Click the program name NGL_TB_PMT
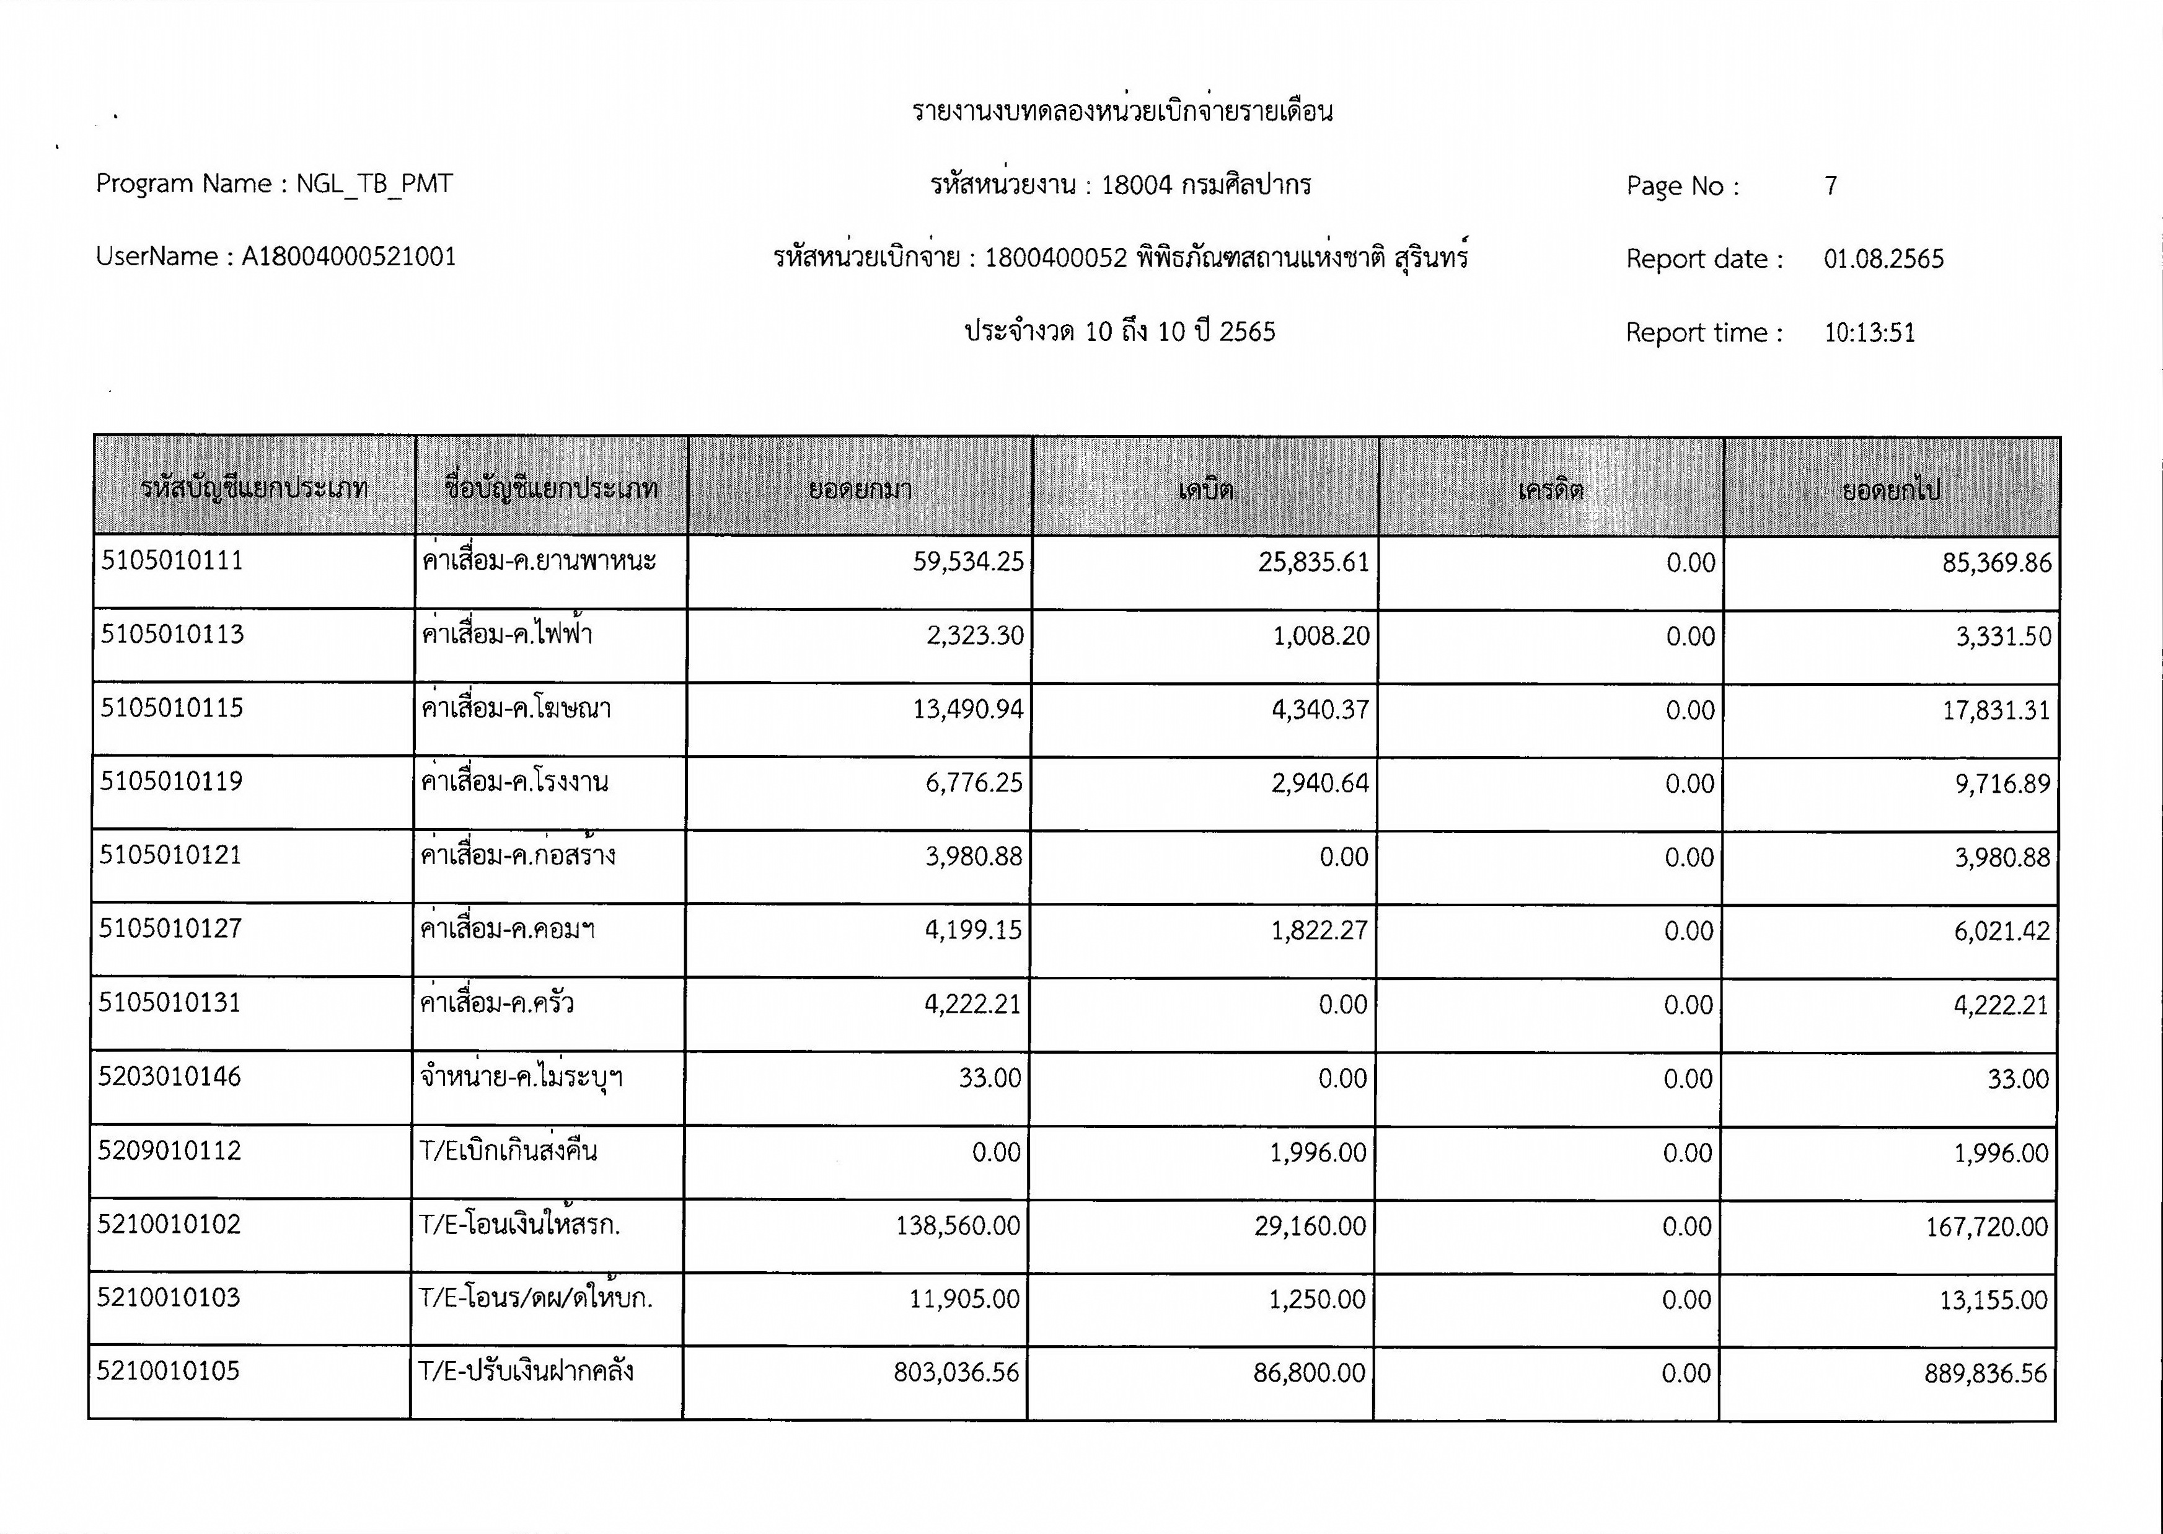click(374, 183)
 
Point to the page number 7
click(1831, 186)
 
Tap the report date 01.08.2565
click(1883, 259)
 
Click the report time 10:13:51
click(1869, 332)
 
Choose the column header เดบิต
click(1205, 489)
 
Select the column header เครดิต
click(1550, 489)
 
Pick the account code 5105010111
click(172, 561)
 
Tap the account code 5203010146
click(170, 1077)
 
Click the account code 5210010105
click(168, 1370)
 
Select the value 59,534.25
click(968, 562)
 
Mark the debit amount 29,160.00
click(1310, 1226)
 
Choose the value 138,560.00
click(958, 1226)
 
